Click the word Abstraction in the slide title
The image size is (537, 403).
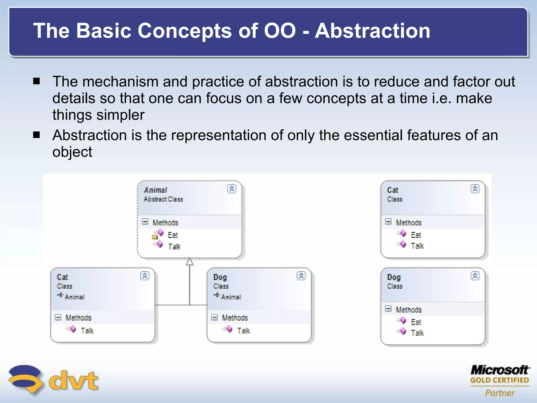(x=372, y=31)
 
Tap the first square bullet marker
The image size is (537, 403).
(x=36, y=81)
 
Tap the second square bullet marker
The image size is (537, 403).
(x=36, y=135)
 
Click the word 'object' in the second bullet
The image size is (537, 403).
(x=72, y=152)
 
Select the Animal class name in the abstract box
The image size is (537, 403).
(x=155, y=190)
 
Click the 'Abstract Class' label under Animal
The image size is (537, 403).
(x=163, y=199)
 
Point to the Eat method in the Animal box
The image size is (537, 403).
(x=173, y=235)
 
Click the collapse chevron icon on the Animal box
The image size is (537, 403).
(x=232, y=189)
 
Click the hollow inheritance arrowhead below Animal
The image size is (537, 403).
(x=190, y=262)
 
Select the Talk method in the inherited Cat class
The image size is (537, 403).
(x=87, y=331)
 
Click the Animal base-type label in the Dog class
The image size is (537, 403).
(x=231, y=297)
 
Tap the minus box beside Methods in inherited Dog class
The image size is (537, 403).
(x=214, y=317)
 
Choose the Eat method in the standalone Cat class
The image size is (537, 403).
(x=416, y=235)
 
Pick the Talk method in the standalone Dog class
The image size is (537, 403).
(x=417, y=333)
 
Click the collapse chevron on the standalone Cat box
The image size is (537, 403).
(x=475, y=189)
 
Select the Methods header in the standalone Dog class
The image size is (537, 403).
(x=409, y=310)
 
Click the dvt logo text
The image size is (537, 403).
(x=73, y=380)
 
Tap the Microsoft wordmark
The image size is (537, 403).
(x=500, y=370)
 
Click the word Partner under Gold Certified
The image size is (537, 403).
(x=500, y=393)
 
